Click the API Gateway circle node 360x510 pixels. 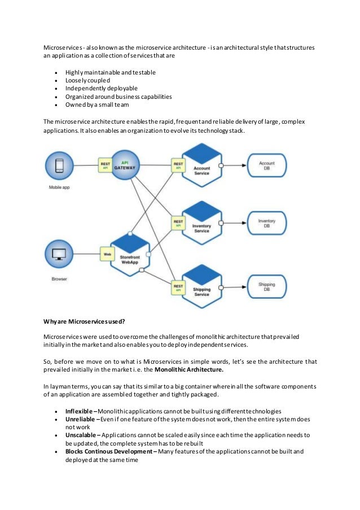(129, 165)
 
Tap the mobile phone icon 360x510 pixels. (60, 165)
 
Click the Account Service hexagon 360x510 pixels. (201, 166)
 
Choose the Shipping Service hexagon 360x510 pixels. (201, 287)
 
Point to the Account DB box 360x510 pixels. (266, 166)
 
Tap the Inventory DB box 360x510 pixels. (266, 224)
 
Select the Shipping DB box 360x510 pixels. (266, 287)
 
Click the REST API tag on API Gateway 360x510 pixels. (105, 165)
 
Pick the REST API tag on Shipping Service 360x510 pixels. (178, 287)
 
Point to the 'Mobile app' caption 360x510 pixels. (60, 187)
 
